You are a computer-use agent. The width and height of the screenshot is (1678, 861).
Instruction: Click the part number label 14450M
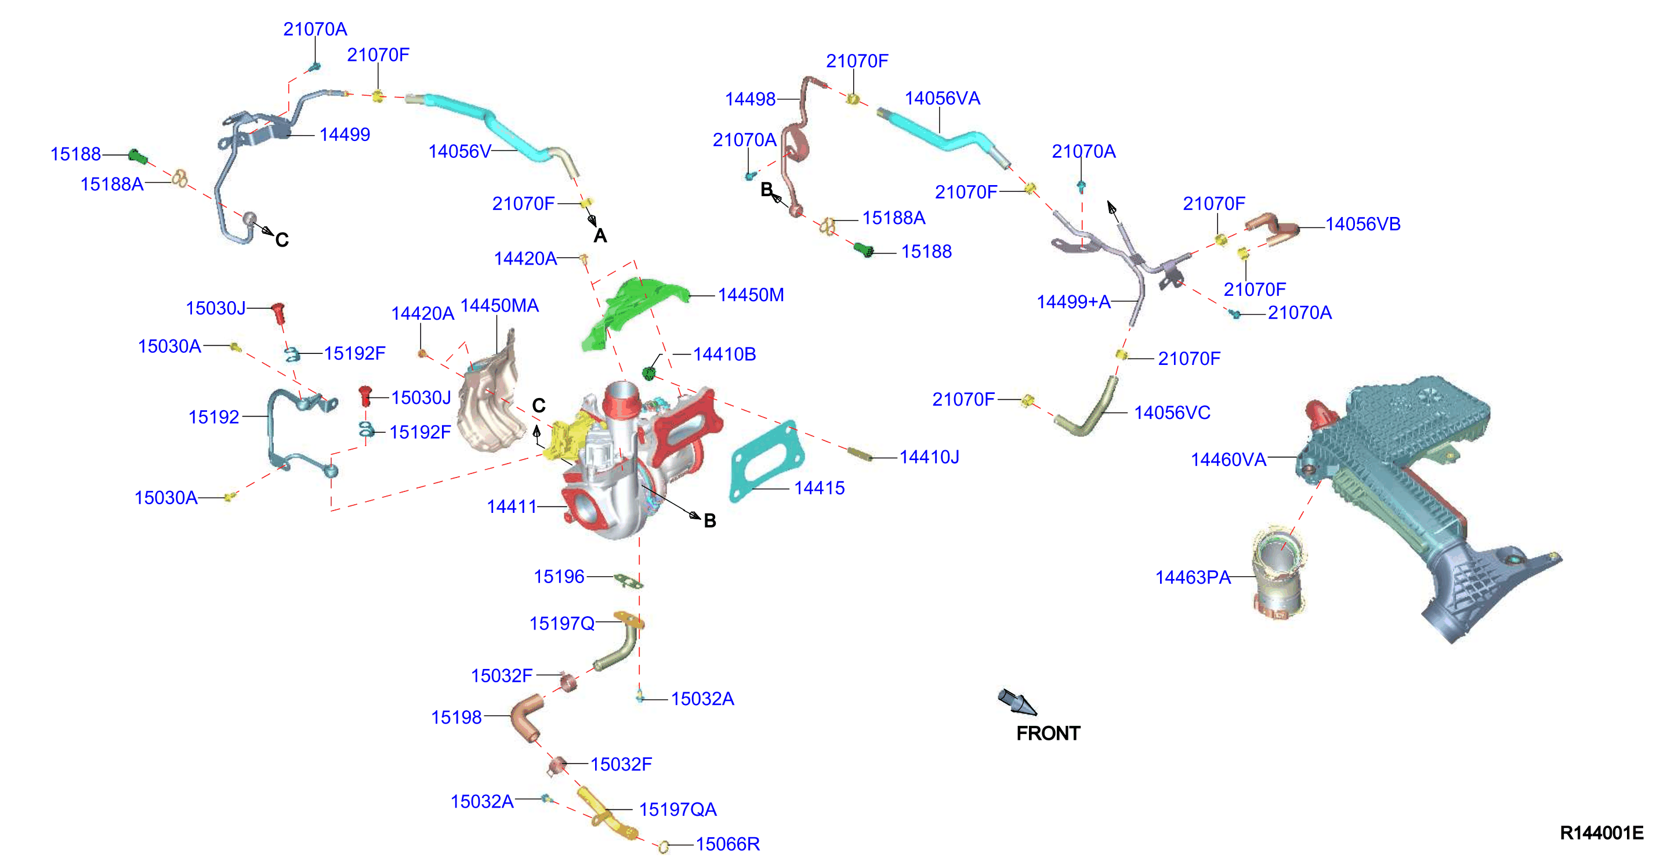coord(751,295)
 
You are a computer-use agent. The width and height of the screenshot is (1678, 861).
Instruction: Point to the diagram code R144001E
coord(1601,833)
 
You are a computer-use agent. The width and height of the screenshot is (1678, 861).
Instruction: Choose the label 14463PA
coord(1193,577)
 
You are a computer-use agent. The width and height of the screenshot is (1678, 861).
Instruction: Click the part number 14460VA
coord(1228,460)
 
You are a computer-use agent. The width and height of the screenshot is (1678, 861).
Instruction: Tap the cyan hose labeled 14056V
coord(495,124)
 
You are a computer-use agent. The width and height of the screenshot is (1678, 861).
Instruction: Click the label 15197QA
coord(677,809)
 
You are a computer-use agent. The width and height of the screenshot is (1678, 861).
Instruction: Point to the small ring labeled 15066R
coord(664,846)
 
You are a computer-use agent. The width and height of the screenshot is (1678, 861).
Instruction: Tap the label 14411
coord(512,507)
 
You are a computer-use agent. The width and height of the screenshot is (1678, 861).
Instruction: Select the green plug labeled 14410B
coord(647,373)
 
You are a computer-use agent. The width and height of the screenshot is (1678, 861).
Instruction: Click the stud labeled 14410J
coord(860,454)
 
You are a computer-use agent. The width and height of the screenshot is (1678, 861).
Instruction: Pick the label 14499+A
coord(1074,302)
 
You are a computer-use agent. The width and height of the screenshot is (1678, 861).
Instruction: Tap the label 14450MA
coord(499,305)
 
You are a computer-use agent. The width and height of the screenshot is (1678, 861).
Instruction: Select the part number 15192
coord(213,417)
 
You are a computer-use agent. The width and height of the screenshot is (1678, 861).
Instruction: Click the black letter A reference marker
coord(600,236)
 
